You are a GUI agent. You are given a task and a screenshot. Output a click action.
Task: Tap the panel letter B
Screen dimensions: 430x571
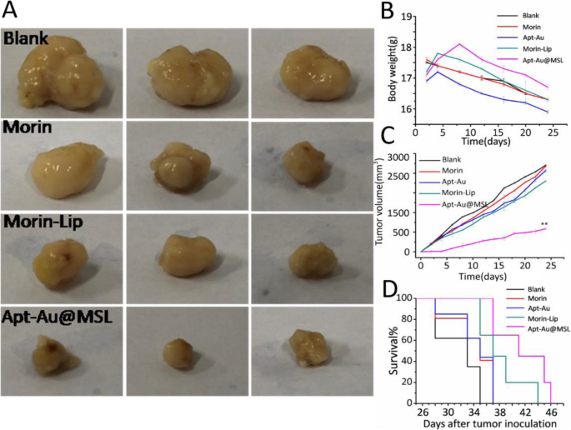click(x=386, y=11)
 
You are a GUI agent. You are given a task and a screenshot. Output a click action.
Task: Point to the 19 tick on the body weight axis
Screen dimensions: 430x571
click(x=408, y=16)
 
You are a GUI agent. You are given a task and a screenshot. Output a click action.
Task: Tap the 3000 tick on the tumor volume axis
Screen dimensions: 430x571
click(x=401, y=157)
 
